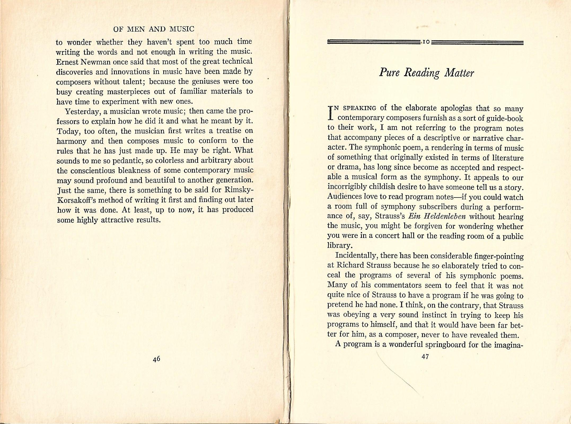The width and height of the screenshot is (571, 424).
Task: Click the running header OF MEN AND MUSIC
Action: (x=153, y=29)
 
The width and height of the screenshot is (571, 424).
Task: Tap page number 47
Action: (x=425, y=357)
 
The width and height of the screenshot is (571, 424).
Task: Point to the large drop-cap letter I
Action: (x=330, y=112)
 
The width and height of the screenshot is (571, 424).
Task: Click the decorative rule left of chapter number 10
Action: (x=374, y=42)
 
